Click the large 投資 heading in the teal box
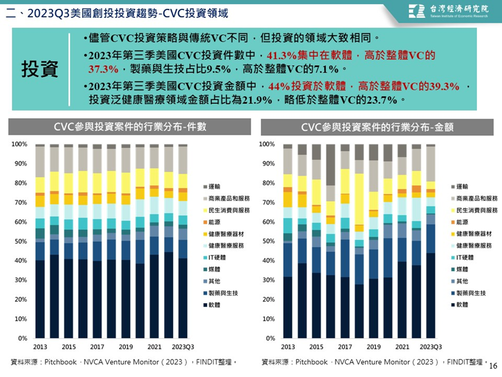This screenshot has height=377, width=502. (39, 69)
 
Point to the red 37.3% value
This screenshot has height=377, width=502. (103, 69)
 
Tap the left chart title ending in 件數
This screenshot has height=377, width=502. (130, 127)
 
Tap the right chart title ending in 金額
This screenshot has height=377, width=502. (377, 127)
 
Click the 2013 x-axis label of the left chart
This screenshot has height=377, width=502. (40, 347)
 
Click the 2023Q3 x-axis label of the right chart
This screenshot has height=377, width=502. (431, 347)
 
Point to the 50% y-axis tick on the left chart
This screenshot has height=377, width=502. (21, 241)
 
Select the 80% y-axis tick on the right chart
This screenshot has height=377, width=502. (268, 183)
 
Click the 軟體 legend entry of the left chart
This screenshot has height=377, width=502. (212, 305)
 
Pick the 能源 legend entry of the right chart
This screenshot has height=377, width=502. (460, 222)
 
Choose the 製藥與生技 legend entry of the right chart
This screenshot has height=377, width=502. (468, 293)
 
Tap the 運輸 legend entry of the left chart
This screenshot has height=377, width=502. (212, 186)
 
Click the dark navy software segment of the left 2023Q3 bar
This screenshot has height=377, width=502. (183, 298)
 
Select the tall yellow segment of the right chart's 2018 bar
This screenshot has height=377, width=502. (359, 199)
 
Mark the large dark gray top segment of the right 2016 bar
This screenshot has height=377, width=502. (331, 165)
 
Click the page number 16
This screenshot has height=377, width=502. (493, 366)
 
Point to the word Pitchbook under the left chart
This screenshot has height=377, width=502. (60, 362)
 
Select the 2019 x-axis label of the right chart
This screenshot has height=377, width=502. (374, 347)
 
